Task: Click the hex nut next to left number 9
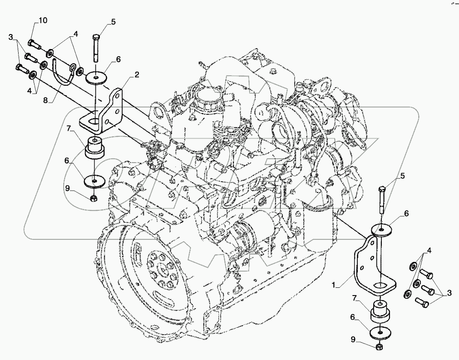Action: [93, 198]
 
